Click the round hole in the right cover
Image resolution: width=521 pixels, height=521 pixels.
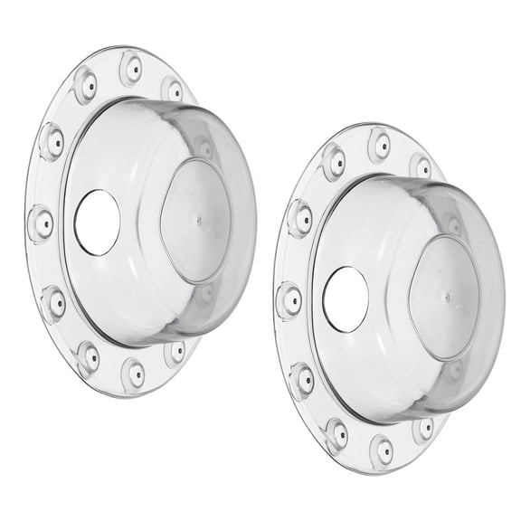point(346,299)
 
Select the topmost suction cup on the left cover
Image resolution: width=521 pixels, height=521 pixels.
point(131,67)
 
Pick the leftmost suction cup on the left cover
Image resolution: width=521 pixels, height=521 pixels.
point(41,222)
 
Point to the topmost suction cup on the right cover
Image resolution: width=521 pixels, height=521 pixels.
point(380,145)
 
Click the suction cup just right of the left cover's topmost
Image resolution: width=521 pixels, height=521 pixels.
point(172,88)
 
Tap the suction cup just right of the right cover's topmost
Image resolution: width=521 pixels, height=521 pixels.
point(420,166)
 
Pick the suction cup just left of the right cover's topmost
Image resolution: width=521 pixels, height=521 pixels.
point(334,162)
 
